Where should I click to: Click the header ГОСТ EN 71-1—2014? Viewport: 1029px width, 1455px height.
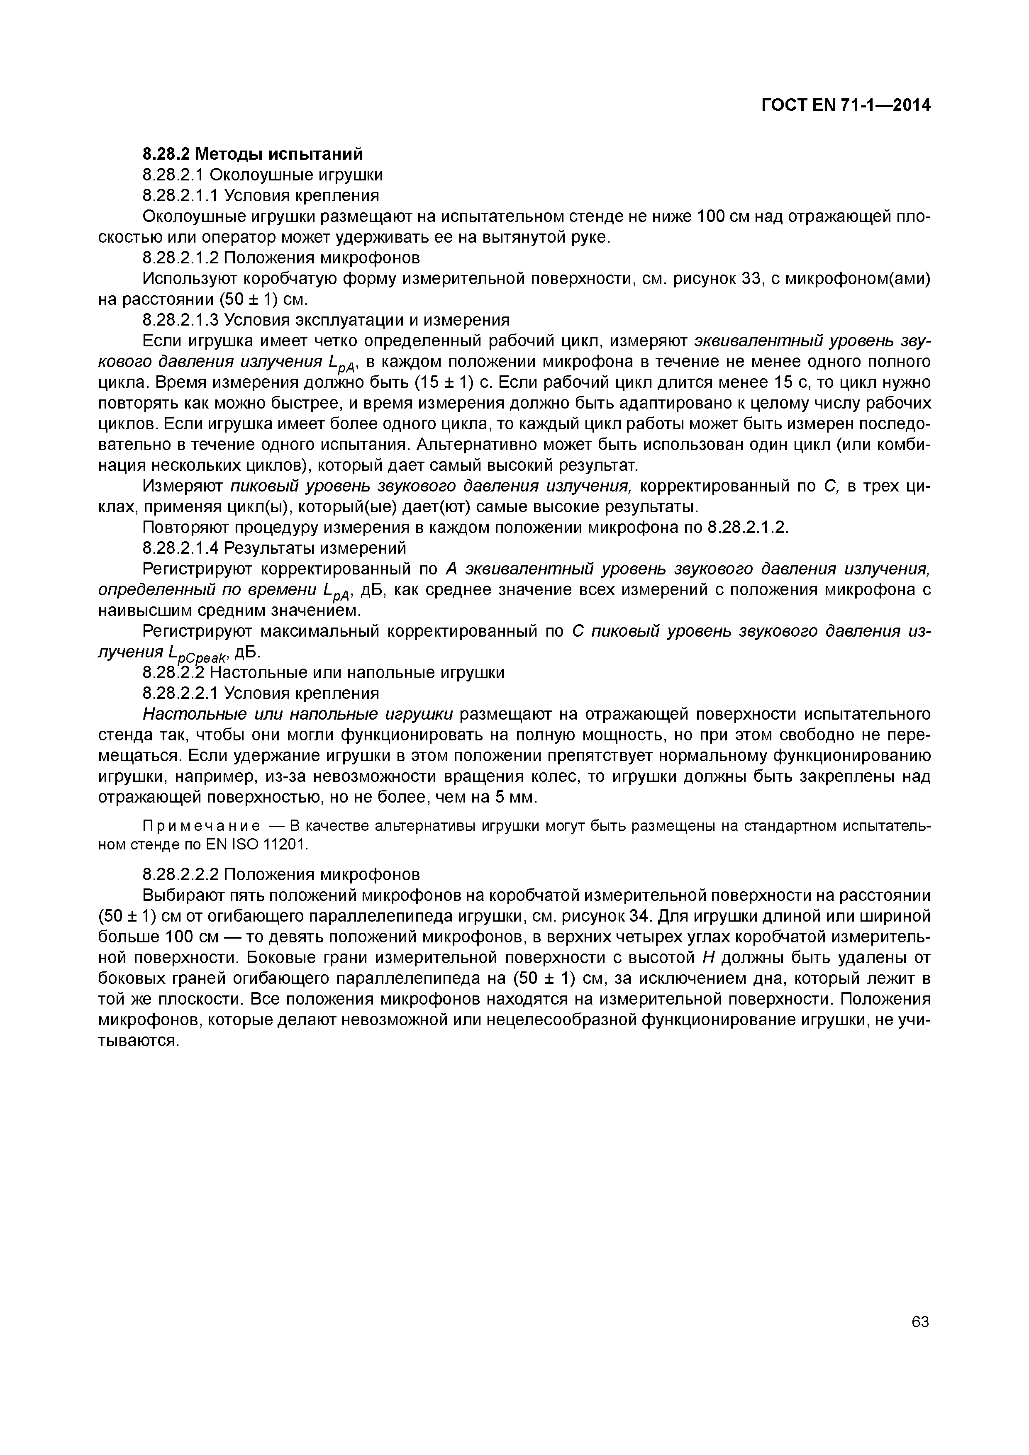(x=846, y=106)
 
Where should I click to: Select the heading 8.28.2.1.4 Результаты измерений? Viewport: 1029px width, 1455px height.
(x=274, y=547)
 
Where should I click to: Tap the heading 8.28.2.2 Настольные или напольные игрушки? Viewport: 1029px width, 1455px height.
(x=323, y=672)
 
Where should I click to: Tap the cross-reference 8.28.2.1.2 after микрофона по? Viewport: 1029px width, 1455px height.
(x=747, y=527)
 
